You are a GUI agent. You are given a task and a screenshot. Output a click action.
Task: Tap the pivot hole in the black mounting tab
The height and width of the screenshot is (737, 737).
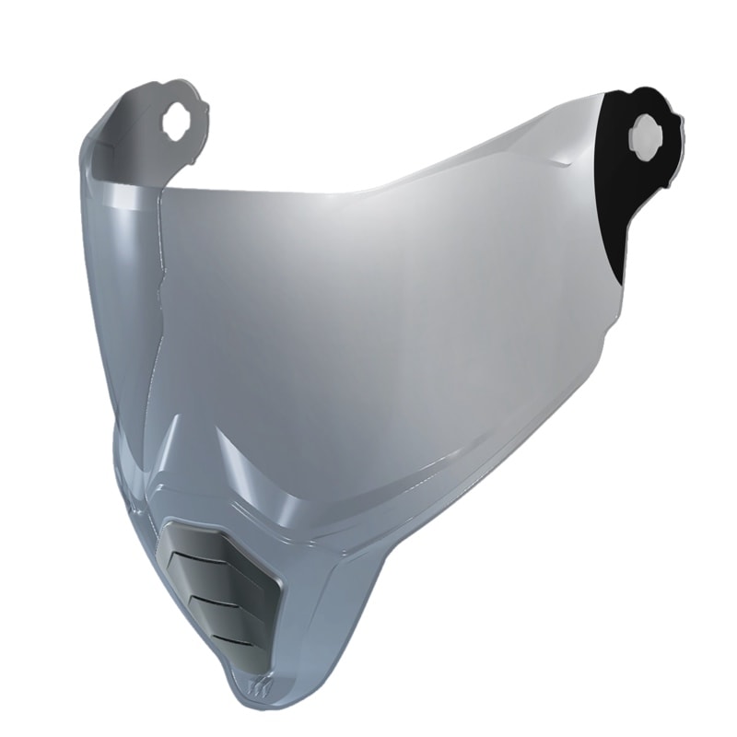coord(645,136)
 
